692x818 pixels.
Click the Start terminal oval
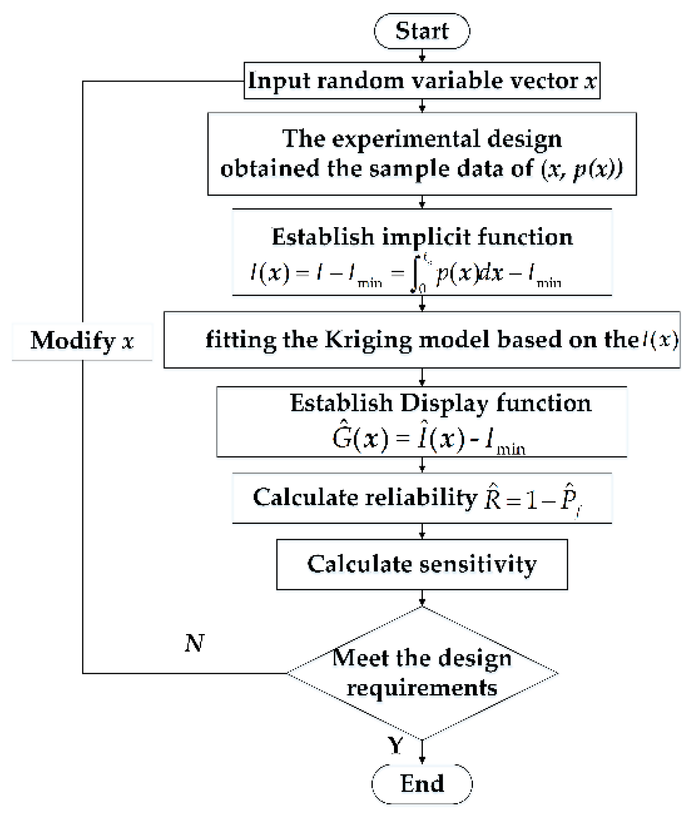pos(422,31)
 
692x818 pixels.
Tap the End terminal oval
pos(422,784)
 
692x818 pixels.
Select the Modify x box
pos(82,341)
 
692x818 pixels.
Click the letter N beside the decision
pos(194,643)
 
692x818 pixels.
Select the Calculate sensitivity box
pos(422,564)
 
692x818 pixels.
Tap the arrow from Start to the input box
pos(422,56)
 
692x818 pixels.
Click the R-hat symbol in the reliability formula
pos(493,498)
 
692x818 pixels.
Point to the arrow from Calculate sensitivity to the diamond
pos(422,598)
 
